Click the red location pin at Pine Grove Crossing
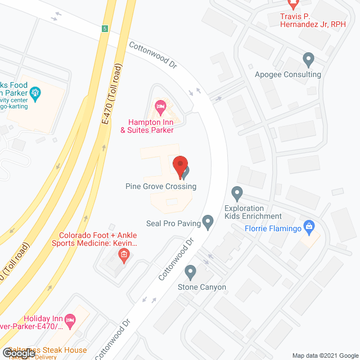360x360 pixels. (x=179, y=167)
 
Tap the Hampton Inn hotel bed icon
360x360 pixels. (x=160, y=105)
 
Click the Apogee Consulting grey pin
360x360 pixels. (x=308, y=58)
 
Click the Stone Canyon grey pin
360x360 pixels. (x=190, y=272)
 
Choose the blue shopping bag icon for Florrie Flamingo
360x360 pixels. (x=308, y=227)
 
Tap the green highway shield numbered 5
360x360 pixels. (x=104, y=29)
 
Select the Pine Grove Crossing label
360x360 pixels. (x=161, y=186)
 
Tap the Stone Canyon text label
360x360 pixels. (x=202, y=287)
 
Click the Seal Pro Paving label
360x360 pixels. (x=173, y=223)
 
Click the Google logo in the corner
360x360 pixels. (x=19, y=353)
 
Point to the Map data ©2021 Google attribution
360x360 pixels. (x=325, y=355)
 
